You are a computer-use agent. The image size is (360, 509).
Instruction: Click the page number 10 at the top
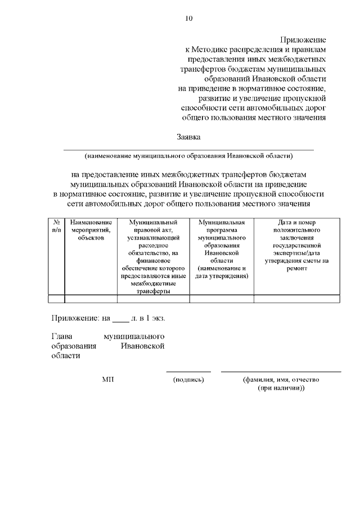188,19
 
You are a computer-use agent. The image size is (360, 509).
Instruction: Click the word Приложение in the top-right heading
304,40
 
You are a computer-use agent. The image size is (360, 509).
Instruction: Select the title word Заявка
188,137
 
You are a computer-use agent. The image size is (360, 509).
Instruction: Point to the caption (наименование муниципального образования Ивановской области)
188,155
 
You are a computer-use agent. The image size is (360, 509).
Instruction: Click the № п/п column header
56,227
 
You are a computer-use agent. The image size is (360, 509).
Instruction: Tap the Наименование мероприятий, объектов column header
91,231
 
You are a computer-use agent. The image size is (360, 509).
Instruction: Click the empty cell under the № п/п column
56,299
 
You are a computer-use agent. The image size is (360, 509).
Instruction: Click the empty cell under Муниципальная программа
222,299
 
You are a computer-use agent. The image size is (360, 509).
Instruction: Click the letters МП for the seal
108,380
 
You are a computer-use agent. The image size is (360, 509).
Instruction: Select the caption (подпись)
188,380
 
